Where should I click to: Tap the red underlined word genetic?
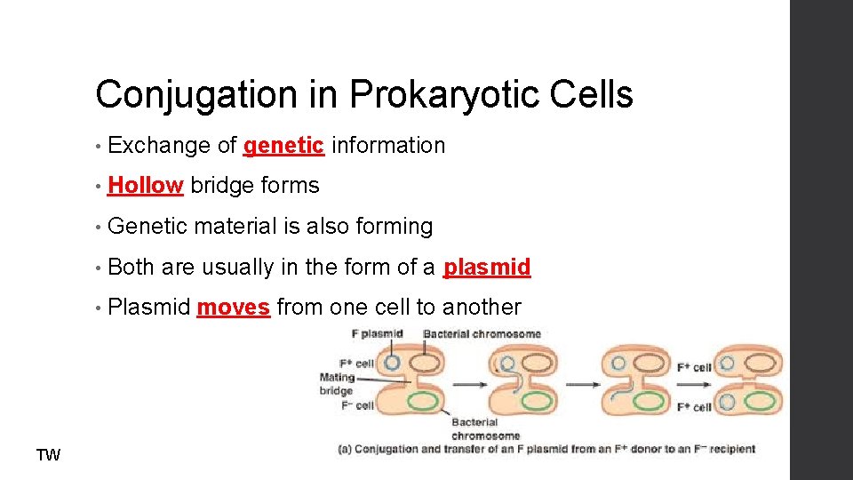point(283,145)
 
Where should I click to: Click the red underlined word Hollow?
point(145,185)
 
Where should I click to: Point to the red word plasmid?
point(487,267)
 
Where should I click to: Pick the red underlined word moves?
point(233,308)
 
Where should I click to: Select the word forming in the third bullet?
point(394,227)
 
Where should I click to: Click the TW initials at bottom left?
point(48,456)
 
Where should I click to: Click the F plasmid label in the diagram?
point(378,334)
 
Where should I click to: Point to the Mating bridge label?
point(337,384)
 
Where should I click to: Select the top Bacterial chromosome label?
point(482,334)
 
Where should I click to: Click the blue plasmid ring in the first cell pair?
point(392,364)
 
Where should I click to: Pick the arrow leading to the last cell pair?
point(693,384)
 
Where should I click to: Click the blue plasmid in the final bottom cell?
point(727,402)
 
